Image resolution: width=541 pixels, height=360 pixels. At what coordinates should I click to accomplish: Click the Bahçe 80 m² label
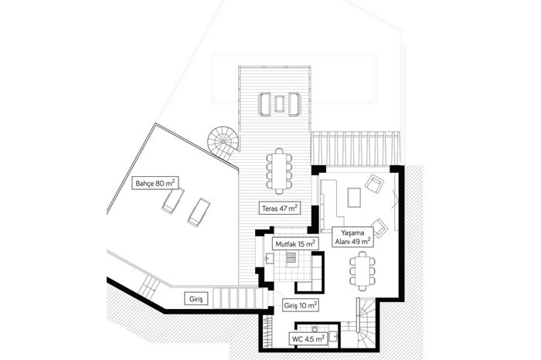[155, 183]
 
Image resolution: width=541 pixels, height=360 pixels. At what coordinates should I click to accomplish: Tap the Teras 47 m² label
[280, 208]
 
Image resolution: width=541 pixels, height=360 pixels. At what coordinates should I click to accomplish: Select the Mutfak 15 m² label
[295, 244]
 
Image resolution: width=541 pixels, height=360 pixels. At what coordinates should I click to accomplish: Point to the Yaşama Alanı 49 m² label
[352, 237]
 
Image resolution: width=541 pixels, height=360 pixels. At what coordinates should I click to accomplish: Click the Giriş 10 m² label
[301, 305]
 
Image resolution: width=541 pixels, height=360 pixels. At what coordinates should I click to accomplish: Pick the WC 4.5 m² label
[308, 338]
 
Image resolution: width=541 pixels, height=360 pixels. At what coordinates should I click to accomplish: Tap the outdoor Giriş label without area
[196, 299]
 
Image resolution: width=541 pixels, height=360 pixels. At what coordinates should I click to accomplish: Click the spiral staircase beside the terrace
[223, 143]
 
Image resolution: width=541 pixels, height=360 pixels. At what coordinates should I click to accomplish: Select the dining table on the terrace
[279, 171]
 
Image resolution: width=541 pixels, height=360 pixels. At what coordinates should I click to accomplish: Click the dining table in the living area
[362, 271]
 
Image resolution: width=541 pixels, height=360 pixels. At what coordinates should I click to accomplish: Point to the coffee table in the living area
[354, 197]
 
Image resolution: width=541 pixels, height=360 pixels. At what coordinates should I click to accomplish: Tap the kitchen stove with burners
[291, 257]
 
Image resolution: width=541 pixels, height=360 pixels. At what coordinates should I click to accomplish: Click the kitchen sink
[269, 257]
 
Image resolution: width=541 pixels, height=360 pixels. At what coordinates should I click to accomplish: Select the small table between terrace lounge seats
[280, 104]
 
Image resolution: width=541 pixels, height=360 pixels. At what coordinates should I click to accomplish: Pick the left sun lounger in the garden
[173, 201]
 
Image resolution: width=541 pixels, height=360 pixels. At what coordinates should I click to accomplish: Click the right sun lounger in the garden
[199, 212]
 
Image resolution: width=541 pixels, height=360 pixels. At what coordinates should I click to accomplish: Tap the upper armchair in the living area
[375, 184]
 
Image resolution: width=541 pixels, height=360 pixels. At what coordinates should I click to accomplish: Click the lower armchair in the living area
[379, 228]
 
